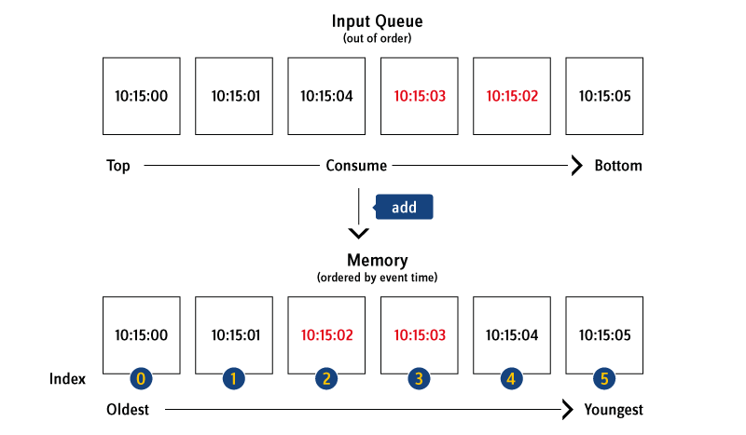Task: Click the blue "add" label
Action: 404,207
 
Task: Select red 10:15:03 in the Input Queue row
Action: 420,96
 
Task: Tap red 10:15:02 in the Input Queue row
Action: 512,96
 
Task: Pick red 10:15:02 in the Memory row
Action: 327,335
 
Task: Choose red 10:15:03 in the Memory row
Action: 420,335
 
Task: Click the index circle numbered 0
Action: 141,378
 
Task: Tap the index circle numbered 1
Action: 233,378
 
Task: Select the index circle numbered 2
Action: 326,378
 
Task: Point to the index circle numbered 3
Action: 419,378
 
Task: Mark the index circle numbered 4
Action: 511,378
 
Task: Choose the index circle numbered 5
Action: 604,378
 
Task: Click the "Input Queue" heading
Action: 378,20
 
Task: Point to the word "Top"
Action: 118,167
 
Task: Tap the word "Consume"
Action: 357,167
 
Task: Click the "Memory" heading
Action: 377,261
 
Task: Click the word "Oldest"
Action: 128,410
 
